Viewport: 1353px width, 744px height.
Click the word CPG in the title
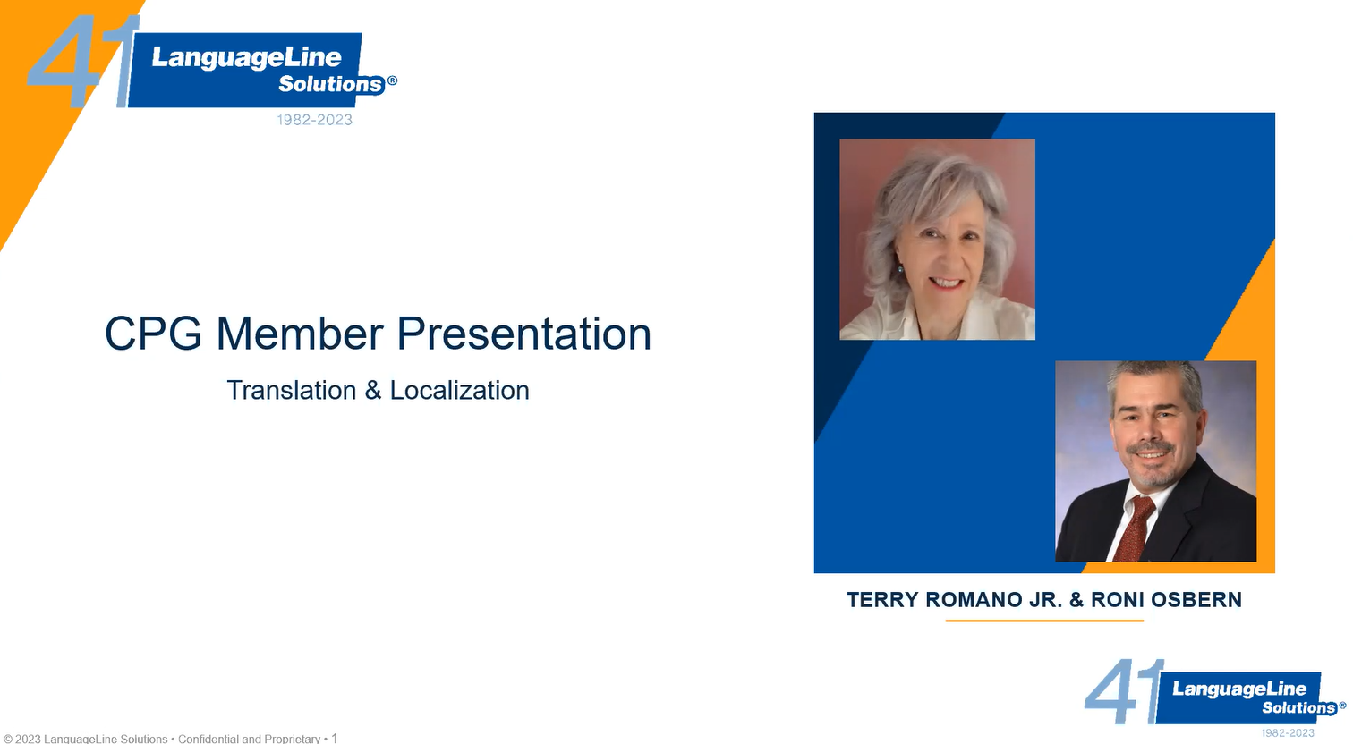coord(153,333)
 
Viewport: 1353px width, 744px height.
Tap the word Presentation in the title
coord(523,334)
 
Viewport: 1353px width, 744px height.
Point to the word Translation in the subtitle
coord(291,391)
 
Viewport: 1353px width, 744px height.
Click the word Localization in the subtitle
coord(459,391)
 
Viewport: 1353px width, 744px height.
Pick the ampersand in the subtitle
coord(372,391)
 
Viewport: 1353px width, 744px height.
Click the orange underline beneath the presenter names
coord(1044,621)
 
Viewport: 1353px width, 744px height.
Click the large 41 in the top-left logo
coord(82,62)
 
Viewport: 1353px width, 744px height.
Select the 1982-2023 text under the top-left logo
coord(315,120)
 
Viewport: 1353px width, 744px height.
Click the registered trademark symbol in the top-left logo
coord(392,80)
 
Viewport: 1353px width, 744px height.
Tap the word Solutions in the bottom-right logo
coord(1299,707)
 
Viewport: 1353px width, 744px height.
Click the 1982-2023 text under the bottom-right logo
coord(1288,733)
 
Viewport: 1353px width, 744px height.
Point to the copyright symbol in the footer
coord(7,740)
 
